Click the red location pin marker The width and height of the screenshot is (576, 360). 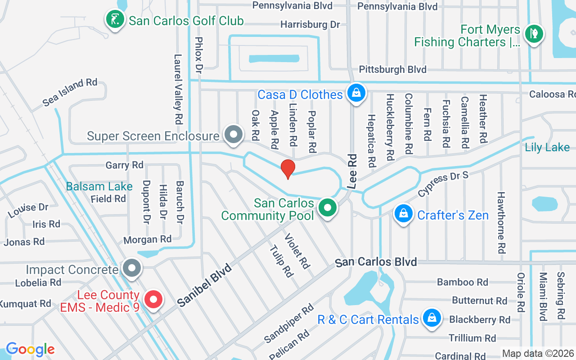[288, 169]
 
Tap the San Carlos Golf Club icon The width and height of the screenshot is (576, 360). [115, 19]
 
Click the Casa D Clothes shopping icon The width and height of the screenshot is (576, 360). [356, 93]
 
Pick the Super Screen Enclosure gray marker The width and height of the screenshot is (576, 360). [234, 134]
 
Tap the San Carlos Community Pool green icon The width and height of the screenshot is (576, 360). [328, 208]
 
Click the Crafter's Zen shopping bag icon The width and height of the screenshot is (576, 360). [404, 214]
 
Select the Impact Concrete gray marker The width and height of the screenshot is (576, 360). [131, 268]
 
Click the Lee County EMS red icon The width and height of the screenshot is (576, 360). [153, 299]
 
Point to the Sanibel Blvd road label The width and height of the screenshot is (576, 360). [204, 285]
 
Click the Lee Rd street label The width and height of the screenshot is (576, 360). [352, 171]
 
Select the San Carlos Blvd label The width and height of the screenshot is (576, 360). [376, 262]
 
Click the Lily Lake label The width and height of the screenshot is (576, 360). [547, 148]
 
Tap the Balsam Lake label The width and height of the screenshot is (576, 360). [99, 186]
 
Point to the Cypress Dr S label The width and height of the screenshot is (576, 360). [443, 184]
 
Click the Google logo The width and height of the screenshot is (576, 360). [30, 349]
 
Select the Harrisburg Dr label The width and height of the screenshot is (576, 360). [310, 24]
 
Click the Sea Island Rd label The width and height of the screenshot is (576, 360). [70, 93]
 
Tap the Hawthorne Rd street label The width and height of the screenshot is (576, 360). [501, 222]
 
